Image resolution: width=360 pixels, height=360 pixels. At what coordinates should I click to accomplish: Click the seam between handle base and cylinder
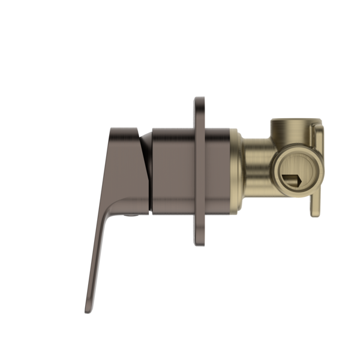coord(151,171)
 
